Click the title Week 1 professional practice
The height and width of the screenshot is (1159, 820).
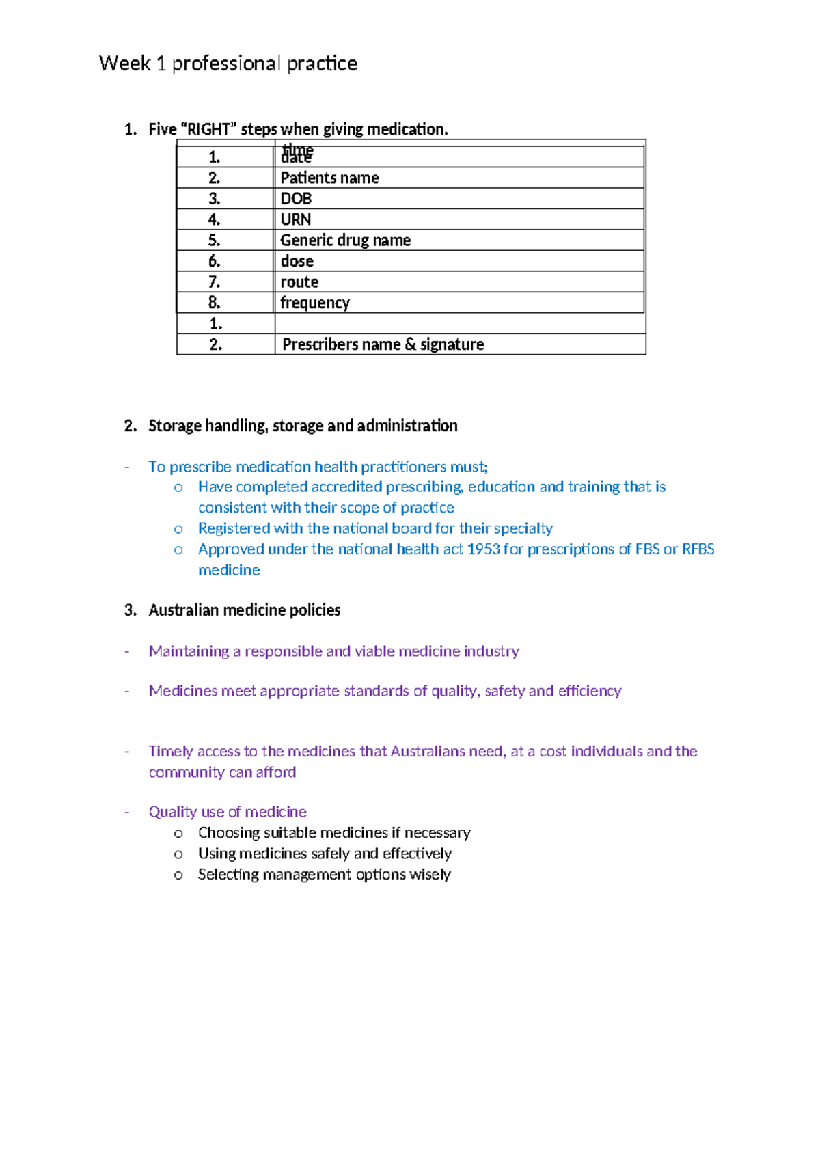tap(228, 64)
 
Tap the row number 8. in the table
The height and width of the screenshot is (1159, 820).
tap(214, 303)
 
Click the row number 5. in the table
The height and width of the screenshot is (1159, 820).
tap(214, 241)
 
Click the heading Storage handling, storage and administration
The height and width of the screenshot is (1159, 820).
tap(303, 426)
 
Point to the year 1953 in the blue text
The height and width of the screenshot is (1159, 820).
tap(483, 549)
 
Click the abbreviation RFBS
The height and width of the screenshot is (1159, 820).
tap(698, 549)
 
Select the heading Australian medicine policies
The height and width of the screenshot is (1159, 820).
tap(244, 610)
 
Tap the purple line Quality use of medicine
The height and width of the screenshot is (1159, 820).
tap(228, 812)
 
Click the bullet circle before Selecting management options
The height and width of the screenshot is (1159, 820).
tap(178, 875)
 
